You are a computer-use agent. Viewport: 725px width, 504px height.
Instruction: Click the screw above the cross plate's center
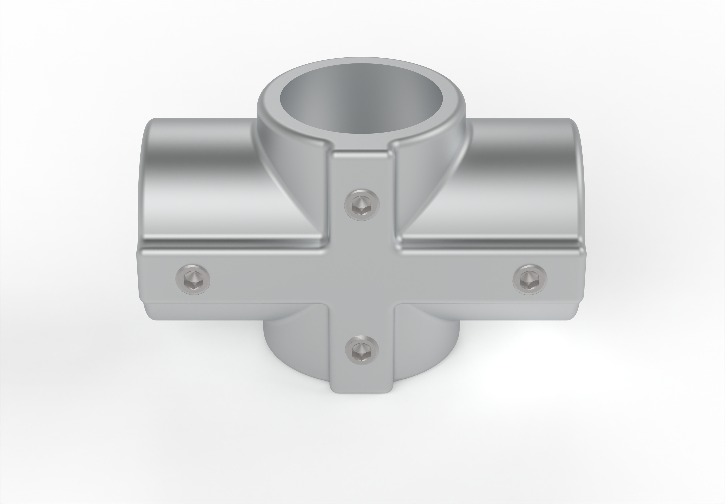362,205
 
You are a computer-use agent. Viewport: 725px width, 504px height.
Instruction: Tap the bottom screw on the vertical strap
362,350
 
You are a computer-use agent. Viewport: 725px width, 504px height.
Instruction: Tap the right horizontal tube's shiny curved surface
521,177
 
